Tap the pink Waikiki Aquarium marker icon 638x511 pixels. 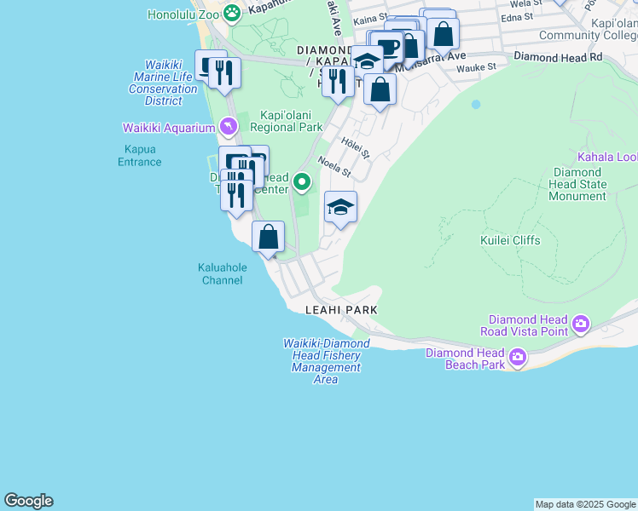[227, 128]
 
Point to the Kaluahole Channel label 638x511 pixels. [222, 273]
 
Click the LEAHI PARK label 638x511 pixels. [344, 311]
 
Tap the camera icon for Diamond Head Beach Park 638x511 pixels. [518, 358]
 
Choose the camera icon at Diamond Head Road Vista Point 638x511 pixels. [582, 324]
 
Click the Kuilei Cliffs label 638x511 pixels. [510, 240]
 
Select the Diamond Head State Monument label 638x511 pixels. [579, 184]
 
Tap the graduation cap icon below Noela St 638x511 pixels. [340, 207]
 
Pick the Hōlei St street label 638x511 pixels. [355, 149]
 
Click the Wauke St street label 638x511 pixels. [476, 67]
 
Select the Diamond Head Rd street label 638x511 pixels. [558, 56]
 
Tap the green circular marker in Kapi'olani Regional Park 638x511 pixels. [302, 181]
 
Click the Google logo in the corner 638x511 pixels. [28, 501]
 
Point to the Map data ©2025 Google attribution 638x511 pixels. [585, 504]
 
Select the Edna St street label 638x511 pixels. [518, 16]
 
